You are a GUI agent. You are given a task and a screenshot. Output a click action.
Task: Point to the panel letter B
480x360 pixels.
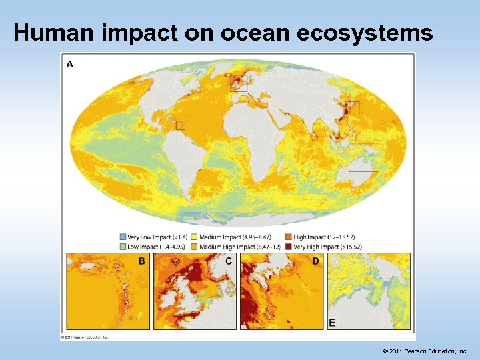pos(141,261)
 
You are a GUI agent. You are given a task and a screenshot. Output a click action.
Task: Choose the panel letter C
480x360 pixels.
pos(228,261)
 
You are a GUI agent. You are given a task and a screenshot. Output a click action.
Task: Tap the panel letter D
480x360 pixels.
pos(316,261)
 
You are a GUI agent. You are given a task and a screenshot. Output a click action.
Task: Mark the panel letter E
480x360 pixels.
pos(333,323)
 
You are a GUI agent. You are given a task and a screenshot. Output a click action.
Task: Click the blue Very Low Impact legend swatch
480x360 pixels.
pos(123,237)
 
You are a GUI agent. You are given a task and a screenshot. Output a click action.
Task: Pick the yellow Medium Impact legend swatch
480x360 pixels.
pos(195,237)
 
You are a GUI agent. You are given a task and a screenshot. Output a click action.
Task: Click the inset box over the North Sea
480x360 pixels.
pos(239,83)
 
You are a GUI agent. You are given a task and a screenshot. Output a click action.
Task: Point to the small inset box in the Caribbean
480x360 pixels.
pos(180,125)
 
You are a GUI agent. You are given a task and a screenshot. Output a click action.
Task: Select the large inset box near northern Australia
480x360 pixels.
pos(364,157)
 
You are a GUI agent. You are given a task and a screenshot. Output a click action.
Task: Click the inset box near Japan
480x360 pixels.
pos(353,108)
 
